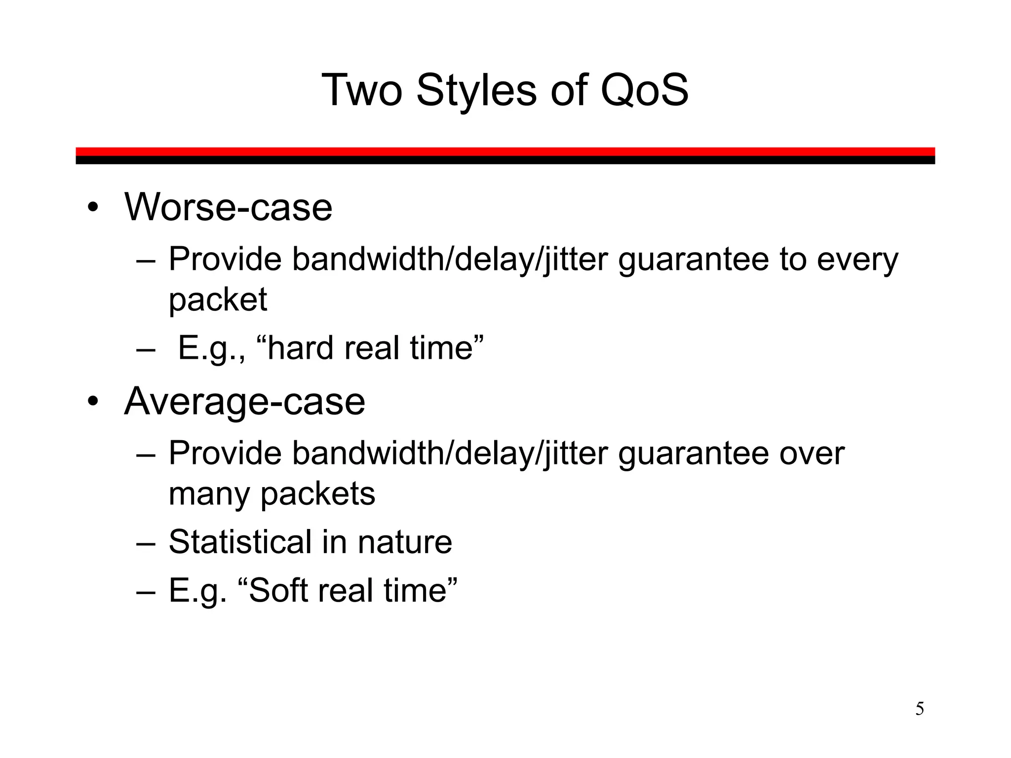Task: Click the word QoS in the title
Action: (x=644, y=90)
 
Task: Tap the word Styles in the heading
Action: (x=476, y=90)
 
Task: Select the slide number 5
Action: (x=920, y=709)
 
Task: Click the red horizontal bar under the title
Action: (x=505, y=152)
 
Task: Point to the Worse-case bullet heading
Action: (x=228, y=207)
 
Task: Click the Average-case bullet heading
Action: (x=244, y=401)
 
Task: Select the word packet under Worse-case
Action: (x=218, y=299)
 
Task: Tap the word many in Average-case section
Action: (x=209, y=493)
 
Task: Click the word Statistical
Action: (x=240, y=542)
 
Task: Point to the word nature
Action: (x=405, y=542)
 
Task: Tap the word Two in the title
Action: (x=362, y=90)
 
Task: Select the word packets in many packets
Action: (x=317, y=493)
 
